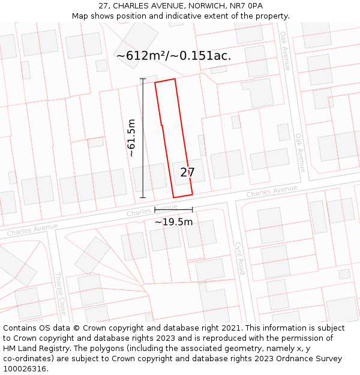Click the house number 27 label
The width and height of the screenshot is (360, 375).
tap(187, 172)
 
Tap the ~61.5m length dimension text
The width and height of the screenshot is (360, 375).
tap(131, 138)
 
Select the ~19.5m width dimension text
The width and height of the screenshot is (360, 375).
tap(173, 222)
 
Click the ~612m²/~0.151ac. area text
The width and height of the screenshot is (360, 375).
tap(173, 56)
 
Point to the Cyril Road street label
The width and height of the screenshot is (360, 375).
tap(239, 259)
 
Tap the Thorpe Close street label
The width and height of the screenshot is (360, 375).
tap(61, 294)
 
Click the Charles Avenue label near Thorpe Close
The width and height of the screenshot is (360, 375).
tap(32, 229)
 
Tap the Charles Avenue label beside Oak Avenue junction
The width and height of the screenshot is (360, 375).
tap(272, 191)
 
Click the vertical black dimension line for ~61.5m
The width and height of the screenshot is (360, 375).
tap(143, 138)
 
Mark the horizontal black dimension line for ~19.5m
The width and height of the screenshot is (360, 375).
tap(173, 209)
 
